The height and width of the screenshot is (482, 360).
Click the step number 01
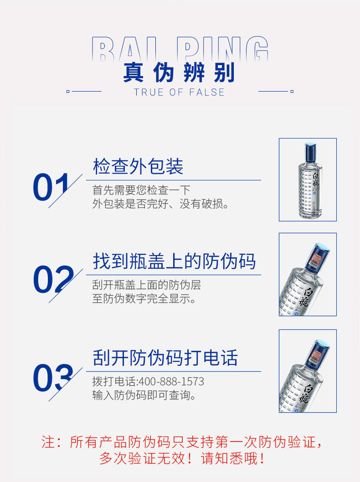51,187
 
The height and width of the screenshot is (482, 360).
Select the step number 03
53,378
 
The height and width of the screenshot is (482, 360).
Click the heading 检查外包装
138,167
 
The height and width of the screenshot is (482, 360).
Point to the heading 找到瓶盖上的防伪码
174,261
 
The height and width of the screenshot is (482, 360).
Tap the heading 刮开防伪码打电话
165,358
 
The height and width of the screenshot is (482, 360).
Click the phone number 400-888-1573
172,381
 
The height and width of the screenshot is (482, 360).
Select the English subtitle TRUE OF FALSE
180,92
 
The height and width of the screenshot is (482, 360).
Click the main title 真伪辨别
180,72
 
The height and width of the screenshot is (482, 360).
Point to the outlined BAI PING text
180,49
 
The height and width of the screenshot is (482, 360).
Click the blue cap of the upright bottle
310,152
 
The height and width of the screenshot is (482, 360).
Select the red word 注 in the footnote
48,442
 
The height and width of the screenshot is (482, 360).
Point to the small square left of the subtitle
68,91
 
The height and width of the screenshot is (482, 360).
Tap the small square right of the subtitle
292,91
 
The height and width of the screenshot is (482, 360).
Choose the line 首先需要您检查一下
142,190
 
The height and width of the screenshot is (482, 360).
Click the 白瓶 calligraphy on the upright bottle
316,179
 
